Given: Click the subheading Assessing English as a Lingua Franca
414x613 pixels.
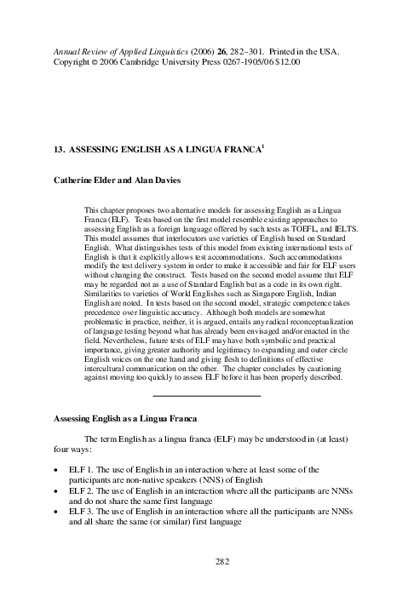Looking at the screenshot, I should click(125, 421).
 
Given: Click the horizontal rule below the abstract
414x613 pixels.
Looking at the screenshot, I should click(205, 396).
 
